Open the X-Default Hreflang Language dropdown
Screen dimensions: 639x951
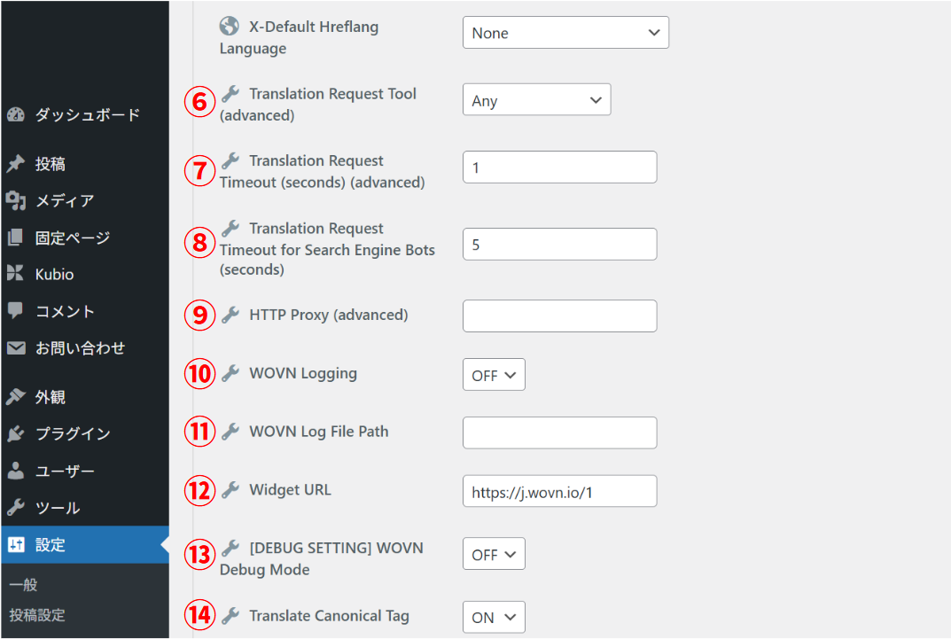click(x=565, y=33)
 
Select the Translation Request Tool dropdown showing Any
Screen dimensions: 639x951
click(x=536, y=100)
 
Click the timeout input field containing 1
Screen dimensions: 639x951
click(x=559, y=167)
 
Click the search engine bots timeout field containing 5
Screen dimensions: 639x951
click(x=559, y=244)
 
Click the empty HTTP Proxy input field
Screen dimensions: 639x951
click(x=559, y=316)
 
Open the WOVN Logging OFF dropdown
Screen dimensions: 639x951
click(x=494, y=375)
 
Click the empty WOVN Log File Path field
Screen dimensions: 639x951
click(x=559, y=432)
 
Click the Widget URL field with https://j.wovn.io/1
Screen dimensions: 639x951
click(x=559, y=491)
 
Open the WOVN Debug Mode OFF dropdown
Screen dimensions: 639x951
click(x=494, y=554)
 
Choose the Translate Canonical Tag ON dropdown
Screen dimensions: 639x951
click(x=494, y=618)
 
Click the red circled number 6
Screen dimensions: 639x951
click(x=199, y=102)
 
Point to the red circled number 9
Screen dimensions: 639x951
click(x=199, y=316)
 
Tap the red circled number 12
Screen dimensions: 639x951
click(x=199, y=490)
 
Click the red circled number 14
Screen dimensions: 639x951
click(x=199, y=616)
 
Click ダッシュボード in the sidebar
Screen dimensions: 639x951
click(x=87, y=115)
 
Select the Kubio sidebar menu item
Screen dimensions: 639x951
click(x=54, y=275)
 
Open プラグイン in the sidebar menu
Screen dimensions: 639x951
click(x=73, y=434)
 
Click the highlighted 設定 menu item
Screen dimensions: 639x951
click(x=51, y=545)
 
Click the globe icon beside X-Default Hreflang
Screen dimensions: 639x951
click(x=230, y=26)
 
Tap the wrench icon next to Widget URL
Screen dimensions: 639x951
click(x=230, y=489)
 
